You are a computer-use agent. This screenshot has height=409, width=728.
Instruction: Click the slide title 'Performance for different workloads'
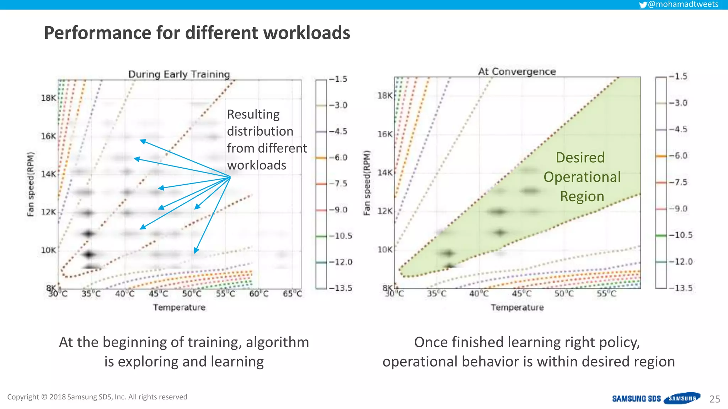197,33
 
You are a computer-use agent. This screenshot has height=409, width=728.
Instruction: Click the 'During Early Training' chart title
179,74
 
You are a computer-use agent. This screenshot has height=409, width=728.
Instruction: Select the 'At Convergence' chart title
516,71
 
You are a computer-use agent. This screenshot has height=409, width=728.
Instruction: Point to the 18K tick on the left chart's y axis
48,98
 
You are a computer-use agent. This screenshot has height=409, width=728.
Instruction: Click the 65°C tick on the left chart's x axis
292,294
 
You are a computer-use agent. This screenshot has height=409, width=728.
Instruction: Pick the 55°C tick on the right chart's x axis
606,294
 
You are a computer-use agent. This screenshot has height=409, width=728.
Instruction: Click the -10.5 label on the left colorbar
340,236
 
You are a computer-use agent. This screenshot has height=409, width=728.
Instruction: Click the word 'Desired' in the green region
580,157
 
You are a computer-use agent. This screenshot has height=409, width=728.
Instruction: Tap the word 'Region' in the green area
582,196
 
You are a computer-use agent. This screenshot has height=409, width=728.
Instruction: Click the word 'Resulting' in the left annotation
253,114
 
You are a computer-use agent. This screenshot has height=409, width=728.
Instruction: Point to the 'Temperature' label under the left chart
179,307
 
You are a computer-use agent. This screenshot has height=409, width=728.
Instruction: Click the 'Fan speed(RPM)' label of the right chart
367,183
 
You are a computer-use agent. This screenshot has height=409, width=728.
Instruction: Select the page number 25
714,399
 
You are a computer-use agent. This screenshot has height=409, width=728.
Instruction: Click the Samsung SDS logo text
636,399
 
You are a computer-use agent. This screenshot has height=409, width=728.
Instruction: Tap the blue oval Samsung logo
682,398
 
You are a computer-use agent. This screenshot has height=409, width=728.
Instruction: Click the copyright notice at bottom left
97,397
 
